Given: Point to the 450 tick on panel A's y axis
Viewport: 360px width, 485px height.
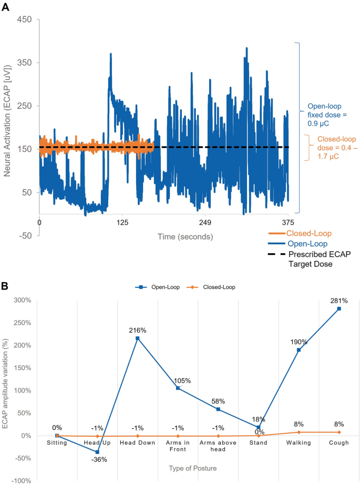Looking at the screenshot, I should click(x=25, y=19).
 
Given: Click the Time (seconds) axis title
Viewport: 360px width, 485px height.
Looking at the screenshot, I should click(x=186, y=237).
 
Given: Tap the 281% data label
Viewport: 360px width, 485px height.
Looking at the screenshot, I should click(x=339, y=301).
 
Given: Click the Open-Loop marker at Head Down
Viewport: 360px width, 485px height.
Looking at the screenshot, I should click(x=138, y=338).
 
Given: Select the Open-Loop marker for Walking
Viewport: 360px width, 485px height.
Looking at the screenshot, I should click(x=299, y=350).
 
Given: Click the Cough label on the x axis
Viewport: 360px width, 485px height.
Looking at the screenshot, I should click(x=339, y=442).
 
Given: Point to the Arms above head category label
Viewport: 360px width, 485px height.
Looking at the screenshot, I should click(x=218, y=446).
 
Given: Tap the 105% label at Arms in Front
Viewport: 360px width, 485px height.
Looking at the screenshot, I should click(x=178, y=380).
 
